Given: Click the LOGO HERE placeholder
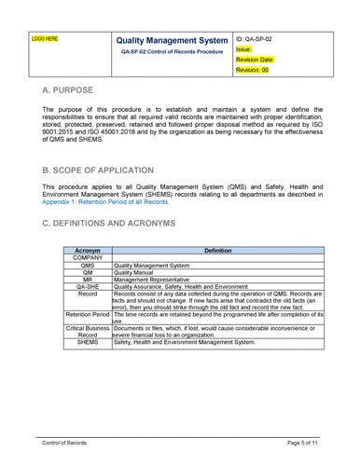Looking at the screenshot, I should [45, 40].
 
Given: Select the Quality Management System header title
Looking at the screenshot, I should [171, 41].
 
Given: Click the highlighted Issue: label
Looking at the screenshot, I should [243, 49].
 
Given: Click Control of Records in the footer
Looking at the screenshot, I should [64, 441].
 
